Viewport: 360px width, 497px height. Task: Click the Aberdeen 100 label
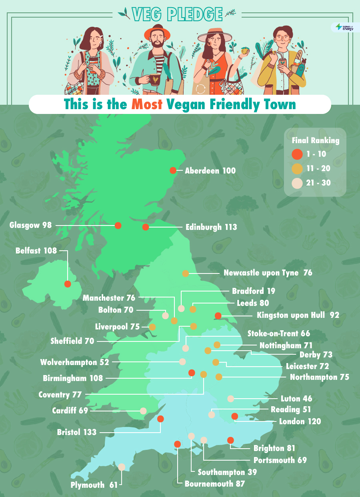pos(210,171)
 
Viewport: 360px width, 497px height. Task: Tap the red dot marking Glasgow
pos(118,226)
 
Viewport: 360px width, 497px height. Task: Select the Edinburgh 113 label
pos(211,227)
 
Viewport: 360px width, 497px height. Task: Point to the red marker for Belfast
pos(68,284)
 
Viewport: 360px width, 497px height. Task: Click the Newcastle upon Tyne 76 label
pos(268,273)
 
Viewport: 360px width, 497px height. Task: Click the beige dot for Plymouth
pos(122,467)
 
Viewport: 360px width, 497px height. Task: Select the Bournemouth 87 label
pos(214,483)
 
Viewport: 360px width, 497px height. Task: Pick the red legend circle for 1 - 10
pos(297,154)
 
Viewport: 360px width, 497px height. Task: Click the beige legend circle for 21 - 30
pos(297,184)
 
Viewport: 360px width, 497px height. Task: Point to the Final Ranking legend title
pos(315,140)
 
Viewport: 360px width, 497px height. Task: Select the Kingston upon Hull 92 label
pos(298,315)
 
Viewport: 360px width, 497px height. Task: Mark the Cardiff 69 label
pos(70,411)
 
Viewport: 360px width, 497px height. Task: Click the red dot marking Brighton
pos(230,440)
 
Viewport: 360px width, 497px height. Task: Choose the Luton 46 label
pos(296,399)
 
